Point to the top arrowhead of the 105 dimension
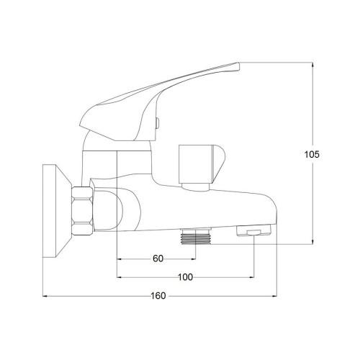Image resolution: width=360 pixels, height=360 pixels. (x=313, y=66)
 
